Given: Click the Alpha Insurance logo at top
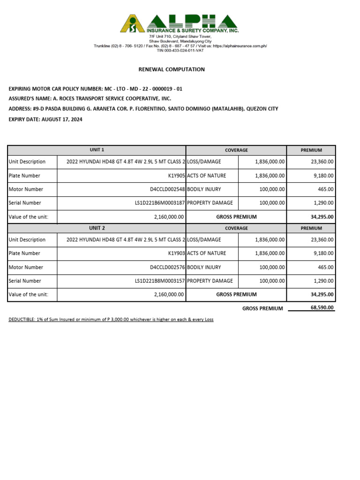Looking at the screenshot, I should coord(179,23).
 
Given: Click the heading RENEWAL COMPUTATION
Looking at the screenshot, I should coord(172,69).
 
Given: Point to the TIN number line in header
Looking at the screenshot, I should coord(180,50).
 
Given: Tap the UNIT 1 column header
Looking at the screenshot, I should coord(97,150).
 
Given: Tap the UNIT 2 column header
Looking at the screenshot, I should coord(97,228).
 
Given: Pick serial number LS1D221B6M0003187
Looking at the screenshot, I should coord(160,203).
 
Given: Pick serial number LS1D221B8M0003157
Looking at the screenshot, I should coord(160,281).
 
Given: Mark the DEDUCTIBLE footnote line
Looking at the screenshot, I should coord(111,320).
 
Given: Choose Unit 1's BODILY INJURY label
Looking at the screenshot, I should coord(204,189).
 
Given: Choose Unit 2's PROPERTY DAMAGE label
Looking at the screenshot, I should coord(210,281).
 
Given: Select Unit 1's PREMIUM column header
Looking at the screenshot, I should coord(311,150).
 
